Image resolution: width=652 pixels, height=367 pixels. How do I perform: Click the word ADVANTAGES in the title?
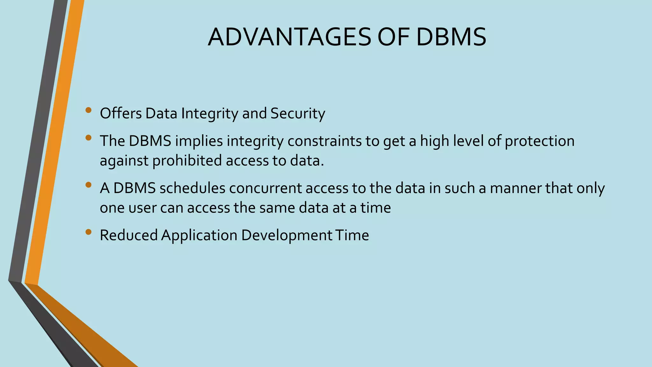pos(289,37)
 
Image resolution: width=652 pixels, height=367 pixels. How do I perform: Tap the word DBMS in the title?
pos(451,37)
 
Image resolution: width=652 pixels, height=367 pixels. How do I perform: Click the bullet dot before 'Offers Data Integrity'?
pos(89,111)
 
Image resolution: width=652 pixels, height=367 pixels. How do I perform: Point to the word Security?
pos(298,114)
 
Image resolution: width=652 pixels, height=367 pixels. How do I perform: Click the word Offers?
pos(121,113)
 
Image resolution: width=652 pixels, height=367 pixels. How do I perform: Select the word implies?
pos(199,141)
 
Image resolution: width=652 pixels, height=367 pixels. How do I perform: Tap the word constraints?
pos(324,141)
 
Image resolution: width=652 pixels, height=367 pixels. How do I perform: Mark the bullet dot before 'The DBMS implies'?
pos(89,138)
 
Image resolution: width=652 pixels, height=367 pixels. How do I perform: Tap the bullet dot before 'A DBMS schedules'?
pos(89,185)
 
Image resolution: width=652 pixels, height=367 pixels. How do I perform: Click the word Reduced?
pos(129,235)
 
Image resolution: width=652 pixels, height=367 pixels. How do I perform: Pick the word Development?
pos(287,235)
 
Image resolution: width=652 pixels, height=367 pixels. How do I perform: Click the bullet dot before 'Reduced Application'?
pos(89,232)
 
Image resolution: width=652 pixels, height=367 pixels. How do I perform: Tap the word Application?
pos(199,235)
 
